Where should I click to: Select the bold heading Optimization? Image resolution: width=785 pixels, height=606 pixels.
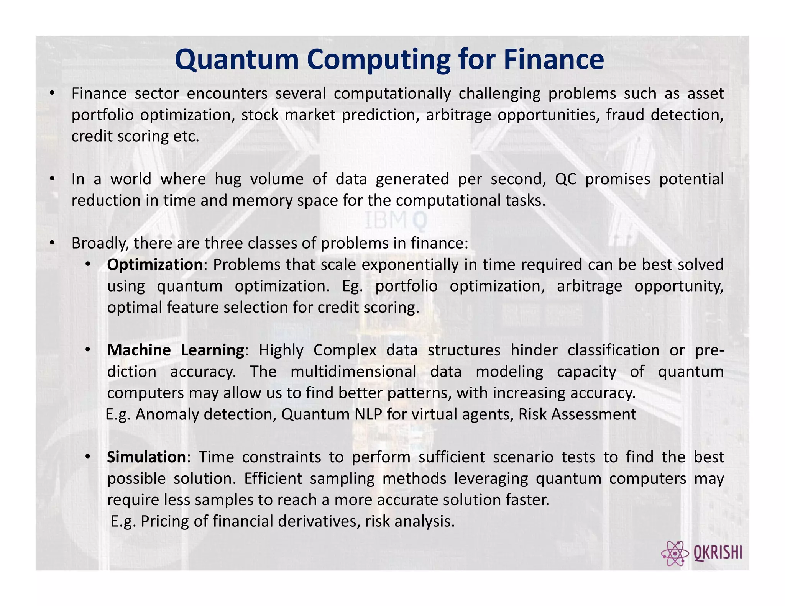(154, 265)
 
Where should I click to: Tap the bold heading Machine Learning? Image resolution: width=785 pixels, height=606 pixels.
(175, 350)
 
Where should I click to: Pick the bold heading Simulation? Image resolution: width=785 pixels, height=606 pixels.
(146, 457)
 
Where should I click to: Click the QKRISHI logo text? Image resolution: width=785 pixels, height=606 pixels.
(718, 553)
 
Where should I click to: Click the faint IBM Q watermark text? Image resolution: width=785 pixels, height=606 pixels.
(395, 221)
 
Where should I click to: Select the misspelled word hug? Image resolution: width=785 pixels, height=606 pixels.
(228, 179)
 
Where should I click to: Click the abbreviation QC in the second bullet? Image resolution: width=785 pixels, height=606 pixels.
(565, 179)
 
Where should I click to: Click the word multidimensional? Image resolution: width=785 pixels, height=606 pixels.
(353, 372)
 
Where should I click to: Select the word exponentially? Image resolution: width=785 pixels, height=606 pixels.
(410, 265)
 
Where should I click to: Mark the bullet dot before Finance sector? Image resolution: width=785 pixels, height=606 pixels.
(52, 93)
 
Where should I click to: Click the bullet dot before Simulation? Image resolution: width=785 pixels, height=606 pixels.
(88, 457)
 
